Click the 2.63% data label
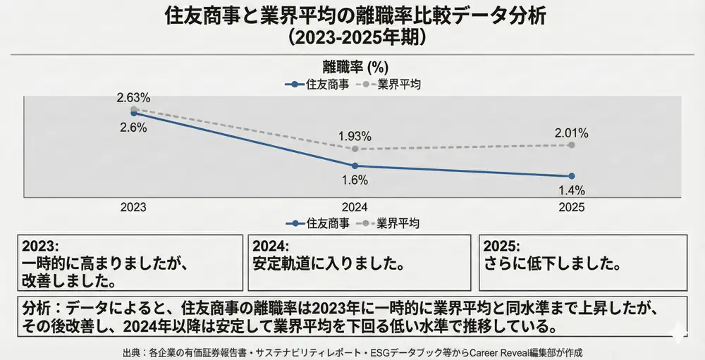[133, 97]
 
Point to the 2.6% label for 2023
[133, 128]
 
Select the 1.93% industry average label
[355, 135]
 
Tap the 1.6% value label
[355, 180]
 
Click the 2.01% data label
[571, 132]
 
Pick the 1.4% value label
[571, 190]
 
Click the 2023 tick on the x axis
[133, 208]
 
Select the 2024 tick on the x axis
[355, 208]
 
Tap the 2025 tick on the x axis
[571, 208]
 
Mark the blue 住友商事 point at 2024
[355, 166]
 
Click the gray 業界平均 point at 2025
[571, 144]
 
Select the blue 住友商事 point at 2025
[571, 175]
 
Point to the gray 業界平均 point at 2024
[355, 149]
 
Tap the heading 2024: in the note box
[271, 247]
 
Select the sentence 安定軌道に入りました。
[329, 265]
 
